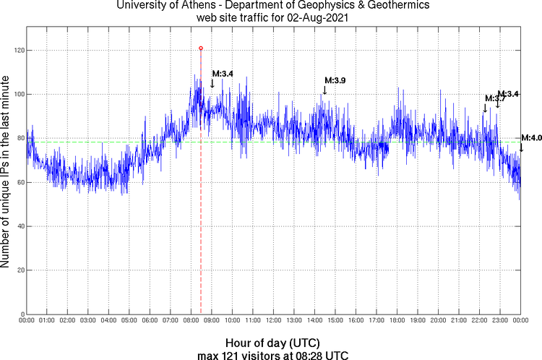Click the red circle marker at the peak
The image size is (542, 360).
201,48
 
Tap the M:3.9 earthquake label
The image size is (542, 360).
335,80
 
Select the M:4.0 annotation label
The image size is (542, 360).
531,138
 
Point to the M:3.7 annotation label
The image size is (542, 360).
491,98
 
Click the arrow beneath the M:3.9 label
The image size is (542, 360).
325,90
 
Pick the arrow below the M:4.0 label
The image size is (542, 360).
521,147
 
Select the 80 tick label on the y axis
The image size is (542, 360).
19,139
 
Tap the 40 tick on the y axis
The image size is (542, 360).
19,226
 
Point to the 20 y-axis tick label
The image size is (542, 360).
19,270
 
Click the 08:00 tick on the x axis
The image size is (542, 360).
191,320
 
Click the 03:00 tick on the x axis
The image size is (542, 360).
87,320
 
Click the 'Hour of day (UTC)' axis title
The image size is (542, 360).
273,342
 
